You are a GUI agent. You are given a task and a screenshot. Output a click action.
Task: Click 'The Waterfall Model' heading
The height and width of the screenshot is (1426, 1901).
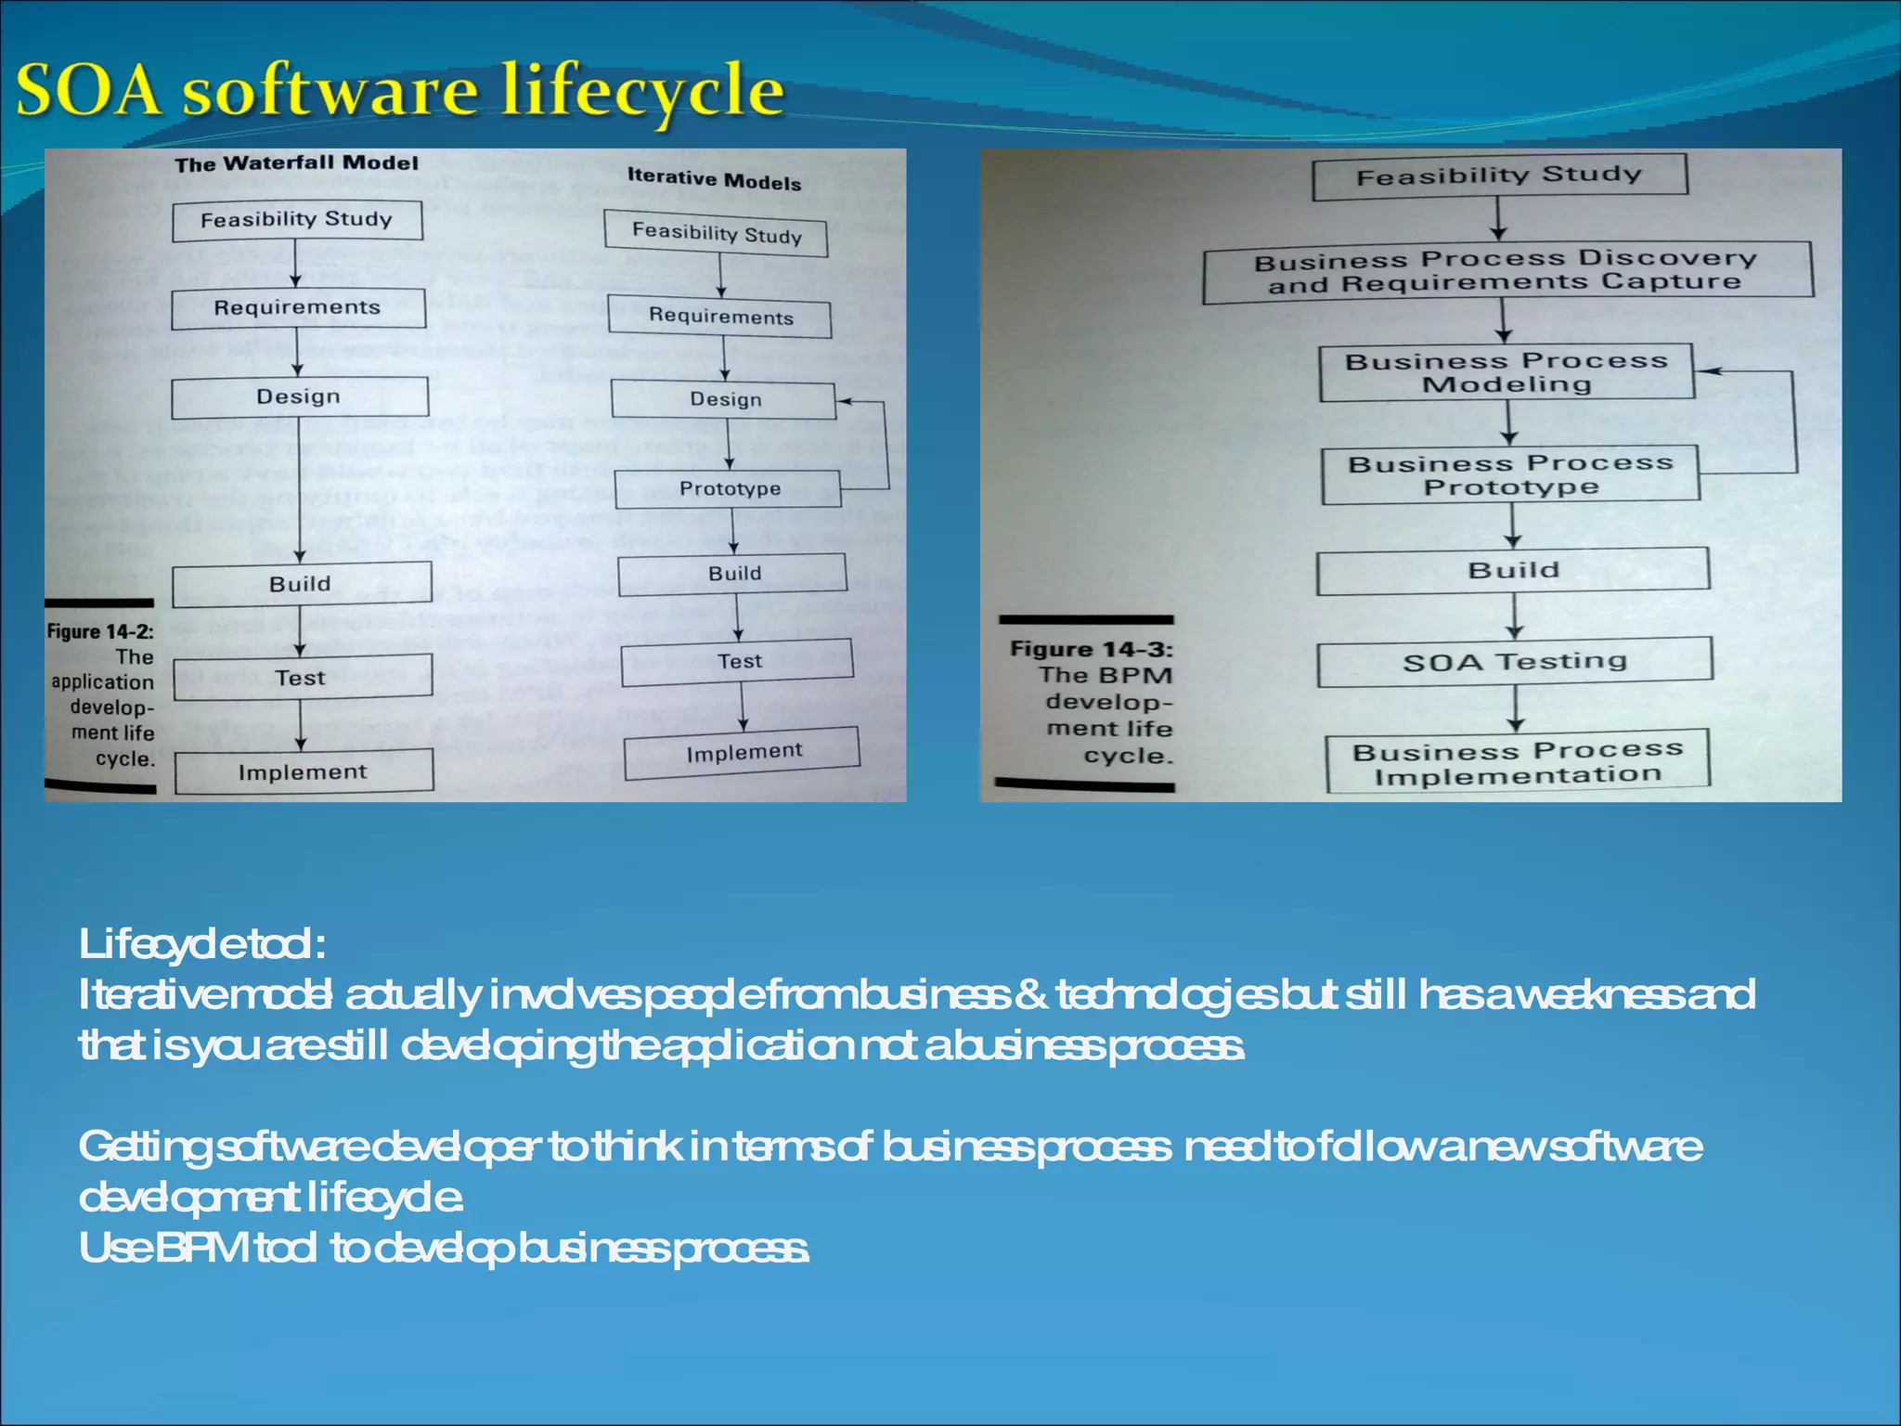[296, 163]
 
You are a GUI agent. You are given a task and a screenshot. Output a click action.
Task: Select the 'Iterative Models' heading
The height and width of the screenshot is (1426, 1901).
[714, 179]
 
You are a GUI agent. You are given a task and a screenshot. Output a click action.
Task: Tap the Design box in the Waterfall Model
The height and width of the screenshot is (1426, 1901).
[299, 397]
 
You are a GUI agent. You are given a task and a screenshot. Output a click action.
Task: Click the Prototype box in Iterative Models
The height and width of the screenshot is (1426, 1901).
[729, 489]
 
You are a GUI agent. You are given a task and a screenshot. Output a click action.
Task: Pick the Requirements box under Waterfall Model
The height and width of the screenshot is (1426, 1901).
[298, 308]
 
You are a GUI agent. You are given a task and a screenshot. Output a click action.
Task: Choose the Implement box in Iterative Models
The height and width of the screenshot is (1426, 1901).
[743, 753]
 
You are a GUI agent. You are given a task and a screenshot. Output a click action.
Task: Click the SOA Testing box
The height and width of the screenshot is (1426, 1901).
[1514, 662]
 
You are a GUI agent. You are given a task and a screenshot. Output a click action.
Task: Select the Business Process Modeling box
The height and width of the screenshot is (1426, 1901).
[1507, 372]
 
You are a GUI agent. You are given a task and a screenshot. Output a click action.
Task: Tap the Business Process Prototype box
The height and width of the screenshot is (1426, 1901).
[1510, 475]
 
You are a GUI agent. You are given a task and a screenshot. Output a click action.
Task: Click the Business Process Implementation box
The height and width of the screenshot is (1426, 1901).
[1517, 763]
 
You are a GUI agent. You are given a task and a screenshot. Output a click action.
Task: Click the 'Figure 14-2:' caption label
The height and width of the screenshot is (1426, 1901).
[100, 632]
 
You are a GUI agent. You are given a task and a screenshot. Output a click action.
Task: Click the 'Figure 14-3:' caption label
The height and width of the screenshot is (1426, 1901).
[1091, 649]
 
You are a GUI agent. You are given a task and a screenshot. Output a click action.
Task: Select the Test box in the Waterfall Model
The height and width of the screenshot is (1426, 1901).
[302, 678]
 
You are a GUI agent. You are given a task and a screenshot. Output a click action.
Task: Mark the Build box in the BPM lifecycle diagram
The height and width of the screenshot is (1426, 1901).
[1513, 570]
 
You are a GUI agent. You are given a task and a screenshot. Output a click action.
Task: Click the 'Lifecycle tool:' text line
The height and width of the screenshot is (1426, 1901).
[201, 944]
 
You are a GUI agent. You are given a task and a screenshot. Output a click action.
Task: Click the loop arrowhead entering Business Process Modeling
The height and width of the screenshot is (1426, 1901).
[1706, 371]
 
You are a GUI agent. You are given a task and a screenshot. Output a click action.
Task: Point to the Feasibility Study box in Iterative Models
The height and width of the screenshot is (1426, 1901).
[716, 233]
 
